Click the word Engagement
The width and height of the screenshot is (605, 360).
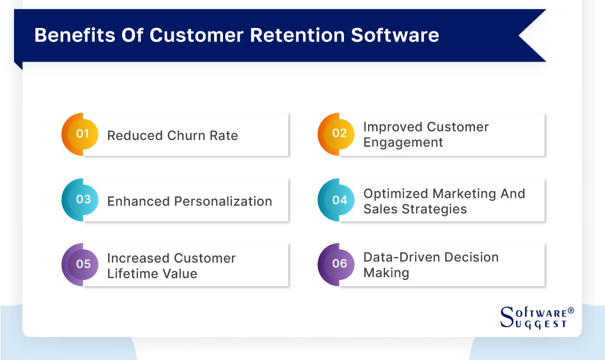[403, 142]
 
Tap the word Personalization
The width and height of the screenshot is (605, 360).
[226, 201]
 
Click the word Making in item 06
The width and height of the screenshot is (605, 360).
[386, 273]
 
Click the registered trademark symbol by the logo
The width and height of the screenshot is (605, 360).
[571, 310]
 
